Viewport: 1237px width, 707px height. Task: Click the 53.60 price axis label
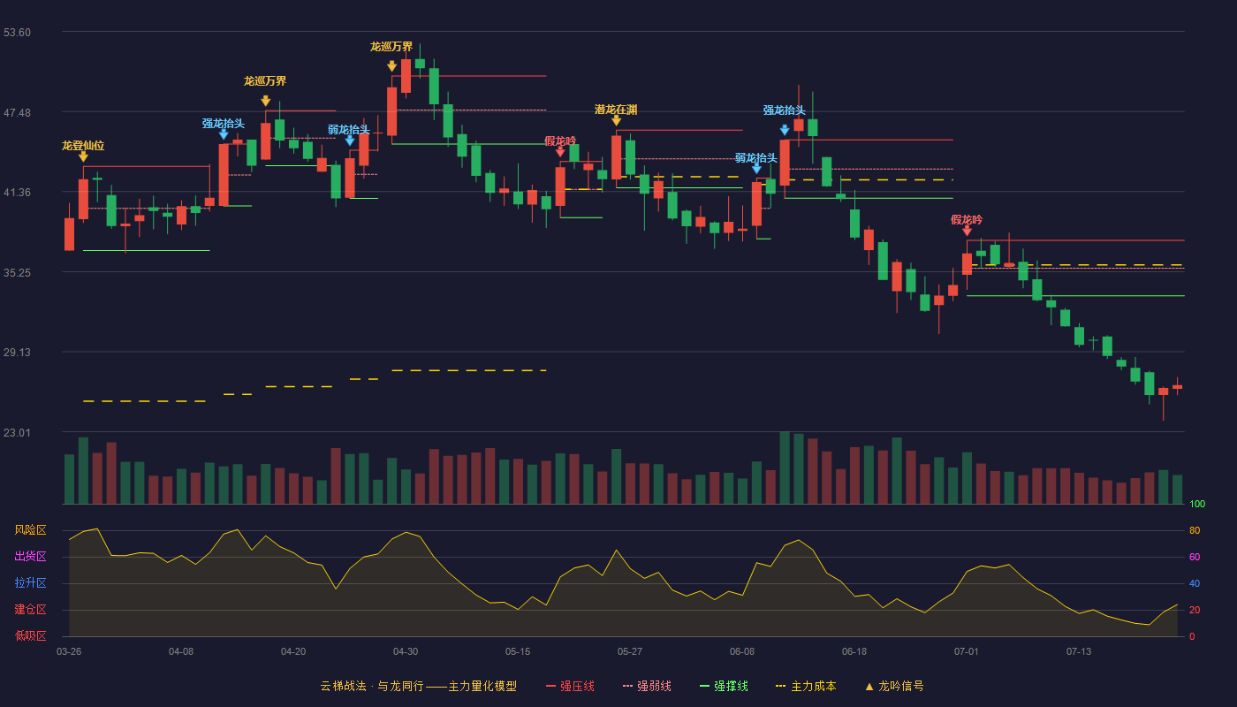[x=17, y=33]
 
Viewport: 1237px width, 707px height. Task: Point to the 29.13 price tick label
[x=17, y=353]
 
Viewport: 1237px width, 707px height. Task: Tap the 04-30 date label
[x=406, y=652]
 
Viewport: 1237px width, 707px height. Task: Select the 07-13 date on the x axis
[x=1079, y=652]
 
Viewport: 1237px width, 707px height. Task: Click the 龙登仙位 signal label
[x=83, y=146]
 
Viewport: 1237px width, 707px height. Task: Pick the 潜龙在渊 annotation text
[x=616, y=110]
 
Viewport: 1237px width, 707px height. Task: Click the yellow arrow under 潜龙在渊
[x=617, y=120]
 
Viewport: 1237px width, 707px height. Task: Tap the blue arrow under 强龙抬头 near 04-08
[x=223, y=134]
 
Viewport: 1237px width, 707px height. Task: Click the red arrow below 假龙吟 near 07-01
[x=967, y=231]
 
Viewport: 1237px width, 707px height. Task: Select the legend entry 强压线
[x=571, y=686]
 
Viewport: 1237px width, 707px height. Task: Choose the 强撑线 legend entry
[x=724, y=686]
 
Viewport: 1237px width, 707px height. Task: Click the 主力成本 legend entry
[x=806, y=686]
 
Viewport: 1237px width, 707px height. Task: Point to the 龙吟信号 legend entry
[x=894, y=686]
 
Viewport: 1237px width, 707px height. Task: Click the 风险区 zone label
[x=30, y=530]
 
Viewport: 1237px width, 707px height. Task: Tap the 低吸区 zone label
[x=30, y=635]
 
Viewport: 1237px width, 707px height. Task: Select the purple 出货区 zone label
[x=30, y=556]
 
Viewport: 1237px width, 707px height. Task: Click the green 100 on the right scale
[x=1197, y=504]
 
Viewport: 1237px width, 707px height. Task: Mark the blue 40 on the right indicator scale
[x=1195, y=583]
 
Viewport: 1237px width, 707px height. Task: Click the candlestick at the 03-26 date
[x=69, y=233]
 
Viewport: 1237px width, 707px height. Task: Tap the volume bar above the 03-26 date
[x=69, y=479]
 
